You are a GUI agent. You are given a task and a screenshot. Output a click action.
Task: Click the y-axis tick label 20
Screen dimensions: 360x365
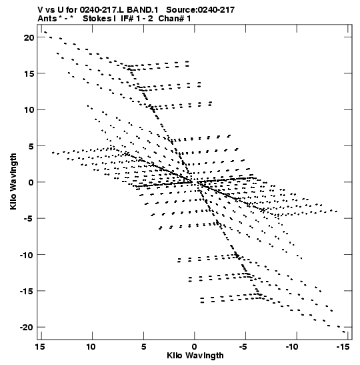[29, 37]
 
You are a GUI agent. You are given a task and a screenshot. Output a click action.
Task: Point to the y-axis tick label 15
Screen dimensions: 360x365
[29, 74]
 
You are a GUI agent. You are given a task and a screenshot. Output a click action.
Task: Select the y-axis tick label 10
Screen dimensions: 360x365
[29, 110]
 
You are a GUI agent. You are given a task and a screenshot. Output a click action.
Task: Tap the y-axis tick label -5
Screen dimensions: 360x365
[28, 219]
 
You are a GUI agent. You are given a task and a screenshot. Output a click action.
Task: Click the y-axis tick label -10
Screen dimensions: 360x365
[27, 255]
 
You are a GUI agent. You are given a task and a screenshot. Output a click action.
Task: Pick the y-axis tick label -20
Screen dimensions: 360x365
[27, 327]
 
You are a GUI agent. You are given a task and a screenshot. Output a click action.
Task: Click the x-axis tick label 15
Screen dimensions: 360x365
[40, 347]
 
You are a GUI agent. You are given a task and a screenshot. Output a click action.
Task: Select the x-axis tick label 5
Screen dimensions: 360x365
[143, 347]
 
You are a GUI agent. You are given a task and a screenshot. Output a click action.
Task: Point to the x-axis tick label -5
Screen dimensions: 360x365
[245, 347]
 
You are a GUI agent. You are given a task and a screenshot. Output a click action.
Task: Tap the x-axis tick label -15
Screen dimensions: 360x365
[343, 347]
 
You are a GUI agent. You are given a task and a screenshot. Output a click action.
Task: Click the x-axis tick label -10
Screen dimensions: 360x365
[292, 347]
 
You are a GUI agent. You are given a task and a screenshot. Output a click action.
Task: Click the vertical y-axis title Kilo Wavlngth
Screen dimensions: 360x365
[13, 181]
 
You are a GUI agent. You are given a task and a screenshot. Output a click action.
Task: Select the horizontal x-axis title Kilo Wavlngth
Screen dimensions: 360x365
[195, 356]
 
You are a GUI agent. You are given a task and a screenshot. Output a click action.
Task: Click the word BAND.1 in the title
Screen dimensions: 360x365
[142, 10]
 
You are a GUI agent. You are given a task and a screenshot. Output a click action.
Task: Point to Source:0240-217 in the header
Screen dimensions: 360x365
[201, 10]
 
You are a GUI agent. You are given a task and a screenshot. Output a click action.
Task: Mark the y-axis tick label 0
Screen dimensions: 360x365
[31, 183]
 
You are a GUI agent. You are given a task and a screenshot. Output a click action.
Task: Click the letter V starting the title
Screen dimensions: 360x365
[40, 10]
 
